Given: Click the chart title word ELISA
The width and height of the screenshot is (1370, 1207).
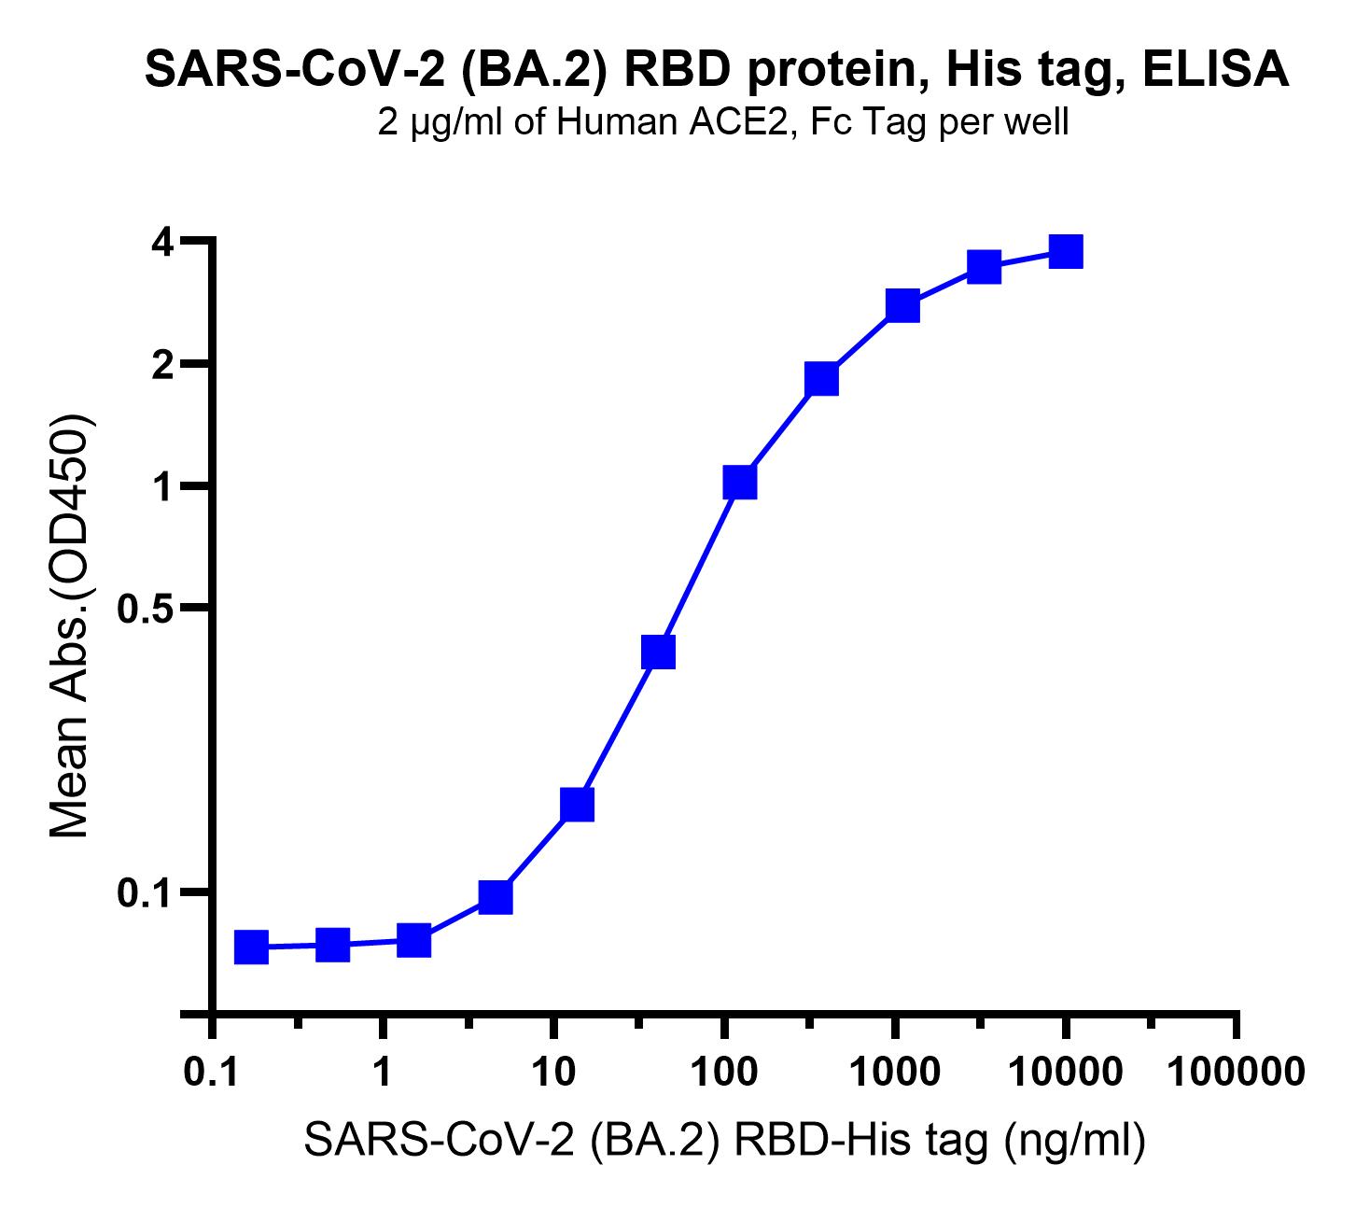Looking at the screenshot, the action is tap(1215, 70).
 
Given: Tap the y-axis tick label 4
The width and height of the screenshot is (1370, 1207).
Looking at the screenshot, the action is tap(163, 243).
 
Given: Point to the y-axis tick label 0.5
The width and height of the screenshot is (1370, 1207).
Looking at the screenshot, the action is tap(146, 609).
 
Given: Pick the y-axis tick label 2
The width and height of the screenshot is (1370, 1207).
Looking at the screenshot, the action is tap(163, 366).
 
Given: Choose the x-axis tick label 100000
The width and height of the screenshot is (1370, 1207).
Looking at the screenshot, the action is tap(1237, 1072).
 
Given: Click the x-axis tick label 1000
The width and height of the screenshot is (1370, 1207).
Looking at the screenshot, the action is tap(895, 1072).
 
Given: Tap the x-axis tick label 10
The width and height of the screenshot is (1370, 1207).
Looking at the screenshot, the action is tap(553, 1072).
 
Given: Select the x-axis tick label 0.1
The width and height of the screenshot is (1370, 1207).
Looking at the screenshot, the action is tap(212, 1072).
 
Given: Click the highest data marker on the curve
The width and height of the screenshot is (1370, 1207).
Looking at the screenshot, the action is tap(1066, 252).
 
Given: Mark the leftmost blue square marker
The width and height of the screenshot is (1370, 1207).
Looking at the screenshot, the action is tap(252, 947).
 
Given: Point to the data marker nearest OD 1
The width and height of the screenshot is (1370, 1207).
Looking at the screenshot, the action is tap(740, 483).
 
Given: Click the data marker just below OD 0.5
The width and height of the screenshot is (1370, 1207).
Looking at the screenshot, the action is tap(658, 653).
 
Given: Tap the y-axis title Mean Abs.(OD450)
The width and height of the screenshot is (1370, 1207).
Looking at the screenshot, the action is tap(70, 625).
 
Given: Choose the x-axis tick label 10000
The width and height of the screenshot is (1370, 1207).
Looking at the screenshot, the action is tap(1066, 1072).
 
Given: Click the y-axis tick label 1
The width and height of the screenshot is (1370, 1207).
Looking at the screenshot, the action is tap(163, 486).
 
